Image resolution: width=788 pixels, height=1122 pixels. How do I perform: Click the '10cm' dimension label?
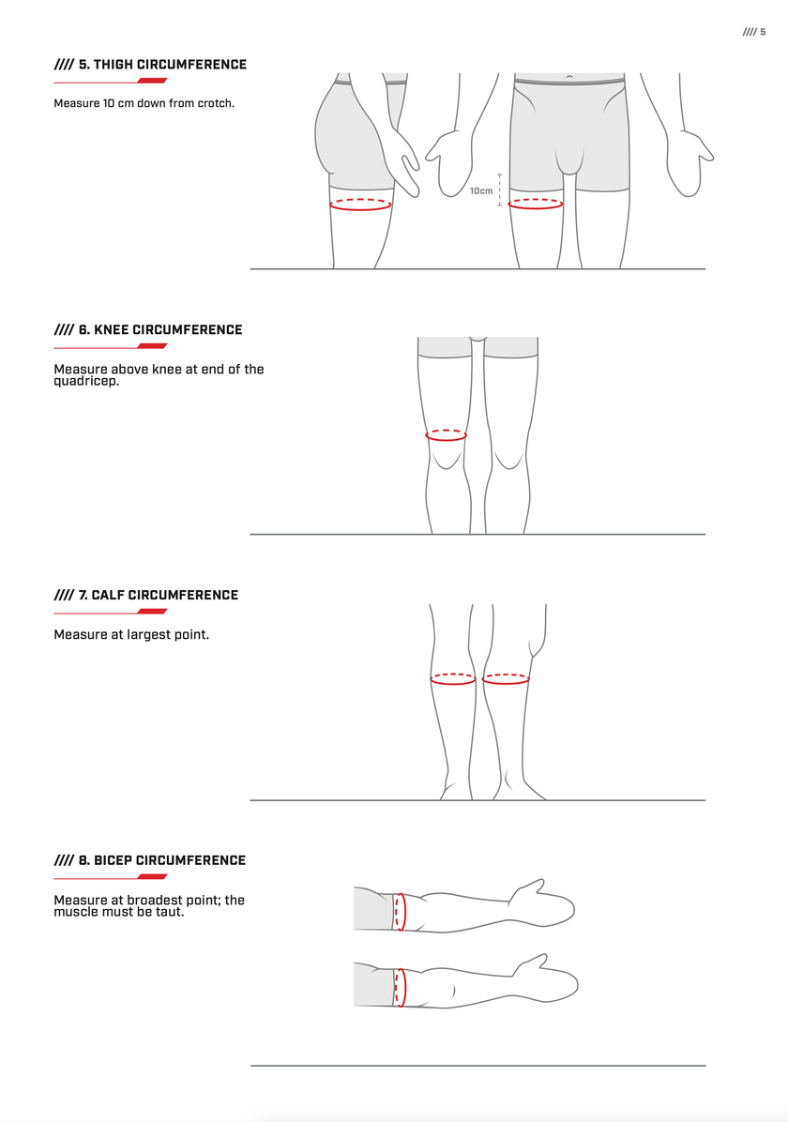tap(480, 191)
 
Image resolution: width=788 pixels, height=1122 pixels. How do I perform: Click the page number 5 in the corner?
tap(763, 32)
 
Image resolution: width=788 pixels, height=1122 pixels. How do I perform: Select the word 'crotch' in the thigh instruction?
tap(215, 103)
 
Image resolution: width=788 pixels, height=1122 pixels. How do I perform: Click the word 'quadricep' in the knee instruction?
tap(85, 381)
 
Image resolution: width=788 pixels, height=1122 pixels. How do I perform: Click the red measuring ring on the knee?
tap(447, 435)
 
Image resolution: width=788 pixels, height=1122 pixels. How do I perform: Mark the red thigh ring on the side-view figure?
tap(360, 204)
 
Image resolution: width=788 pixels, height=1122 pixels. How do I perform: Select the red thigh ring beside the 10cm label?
tap(536, 203)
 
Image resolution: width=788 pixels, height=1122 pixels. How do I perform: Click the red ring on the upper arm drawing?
tap(400, 911)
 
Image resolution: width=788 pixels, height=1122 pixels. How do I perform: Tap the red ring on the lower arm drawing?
tap(400, 987)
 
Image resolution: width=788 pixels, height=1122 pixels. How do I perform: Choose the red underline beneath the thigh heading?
tap(111, 81)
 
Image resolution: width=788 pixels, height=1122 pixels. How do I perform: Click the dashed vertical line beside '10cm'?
tap(500, 190)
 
